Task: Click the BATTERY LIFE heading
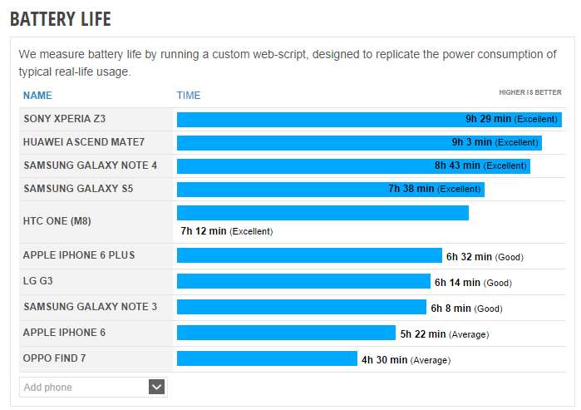(60, 18)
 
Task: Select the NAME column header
(37, 95)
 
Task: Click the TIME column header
(189, 95)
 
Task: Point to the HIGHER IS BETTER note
(529, 92)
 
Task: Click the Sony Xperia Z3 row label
(71, 119)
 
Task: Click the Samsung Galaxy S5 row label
(78, 189)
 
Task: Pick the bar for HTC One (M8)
(323, 213)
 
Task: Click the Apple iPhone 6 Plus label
(79, 255)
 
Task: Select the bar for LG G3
(303, 281)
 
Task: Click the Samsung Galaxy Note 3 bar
(301, 307)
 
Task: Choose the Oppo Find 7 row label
(55, 358)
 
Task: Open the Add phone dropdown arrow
(157, 387)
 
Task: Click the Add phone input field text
(48, 388)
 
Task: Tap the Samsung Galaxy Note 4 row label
(90, 165)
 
